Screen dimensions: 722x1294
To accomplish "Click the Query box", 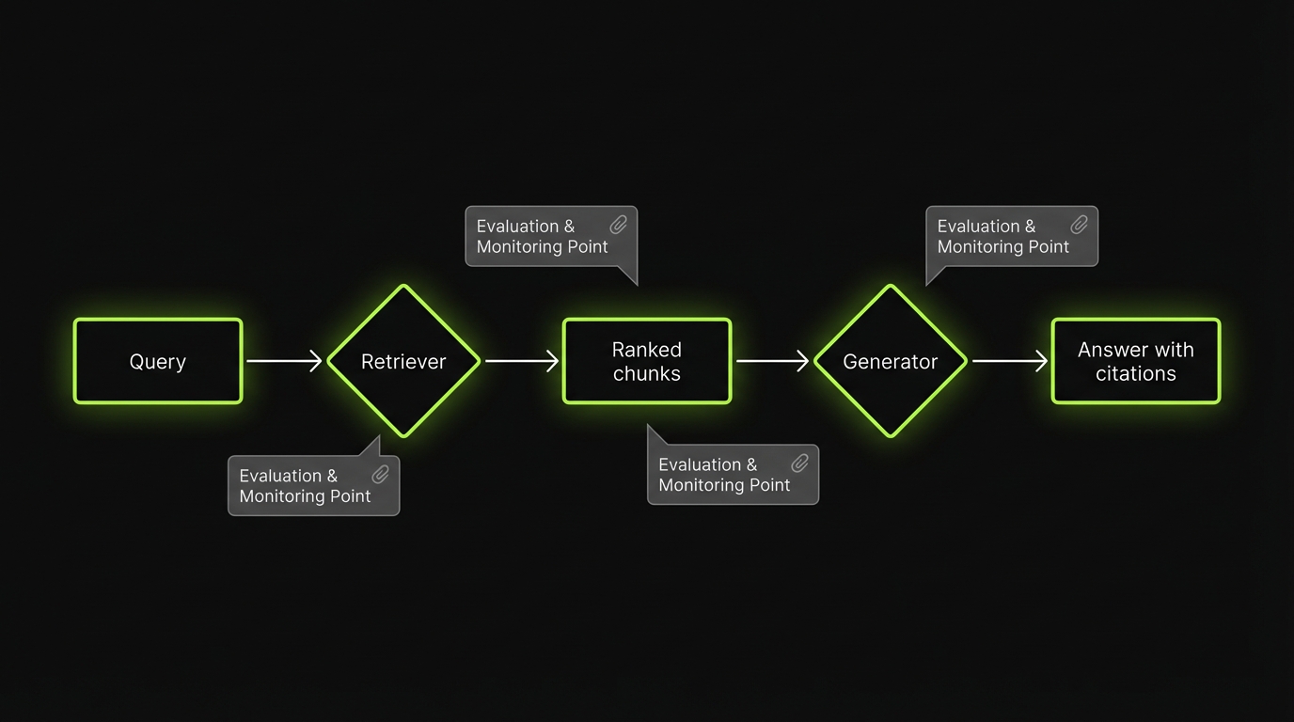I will click(158, 361).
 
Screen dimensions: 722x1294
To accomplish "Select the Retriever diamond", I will click(403, 361).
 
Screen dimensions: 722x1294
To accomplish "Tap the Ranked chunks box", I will click(647, 361).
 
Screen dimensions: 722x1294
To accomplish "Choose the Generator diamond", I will click(890, 361).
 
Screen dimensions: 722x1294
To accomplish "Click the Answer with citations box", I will click(1135, 361).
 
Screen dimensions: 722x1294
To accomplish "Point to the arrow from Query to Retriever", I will click(284, 361).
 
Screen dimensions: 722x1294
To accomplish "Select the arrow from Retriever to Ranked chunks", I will click(522, 361).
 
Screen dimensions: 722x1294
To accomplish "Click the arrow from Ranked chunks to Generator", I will click(772, 361).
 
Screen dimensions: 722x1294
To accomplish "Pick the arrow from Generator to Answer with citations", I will click(1009, 361).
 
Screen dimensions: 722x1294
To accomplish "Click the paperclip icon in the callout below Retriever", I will click(381, 474).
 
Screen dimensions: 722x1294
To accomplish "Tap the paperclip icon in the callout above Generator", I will click(1080, 225).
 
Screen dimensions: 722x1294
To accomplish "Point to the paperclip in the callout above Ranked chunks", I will click(619, 225).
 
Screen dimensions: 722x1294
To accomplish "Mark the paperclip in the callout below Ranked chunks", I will click(800, 463).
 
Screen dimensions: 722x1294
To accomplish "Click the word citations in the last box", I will click(1135, 373).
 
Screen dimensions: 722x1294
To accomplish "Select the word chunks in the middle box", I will click(647, 373).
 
